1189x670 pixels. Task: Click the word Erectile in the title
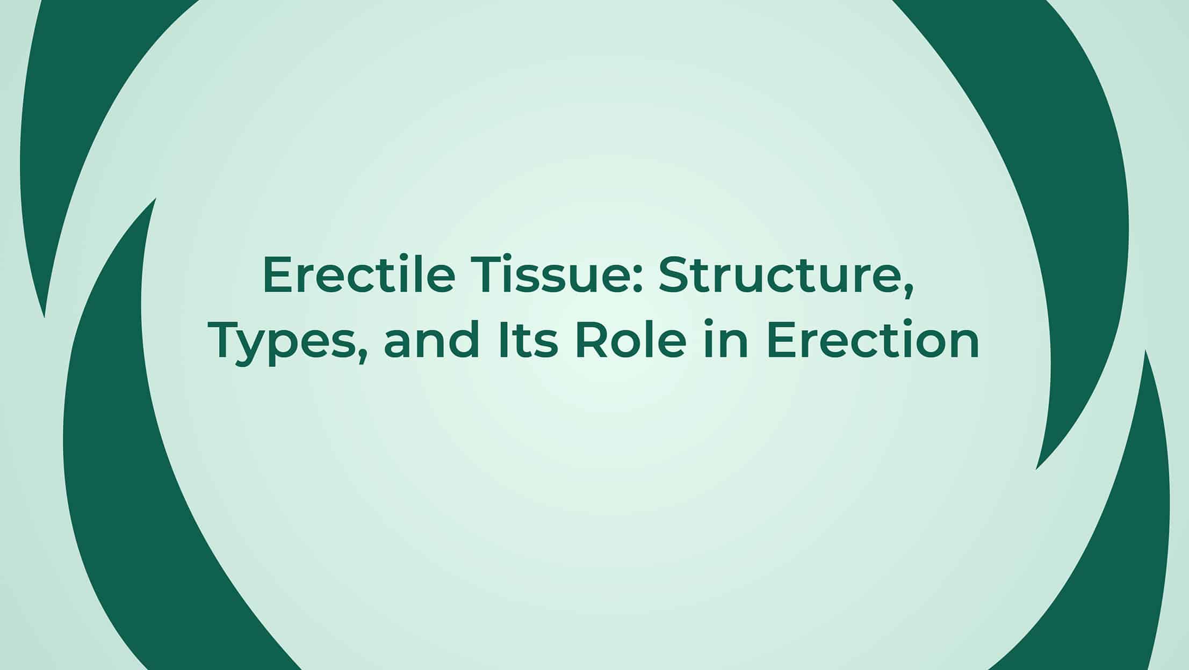(x=359, y=275)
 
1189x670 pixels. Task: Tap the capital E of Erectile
(x=277, y=275)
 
